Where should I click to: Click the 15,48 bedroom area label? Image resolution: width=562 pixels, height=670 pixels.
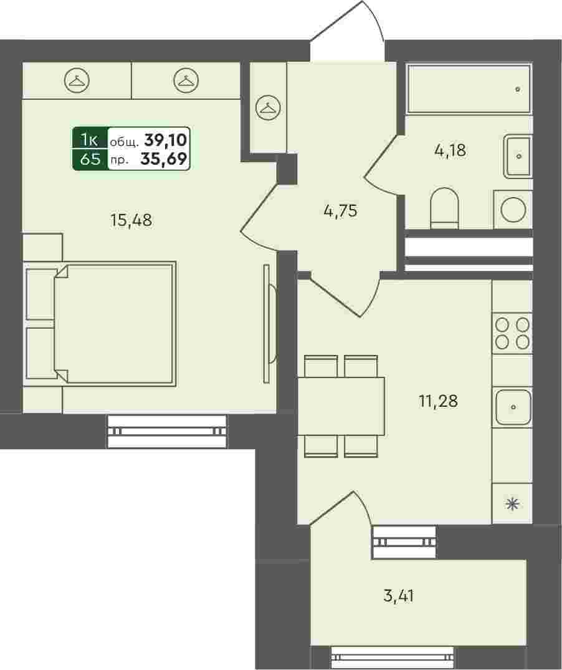(x=131, y=220)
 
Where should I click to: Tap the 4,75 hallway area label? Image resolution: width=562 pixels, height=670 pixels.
(x=341, y=211)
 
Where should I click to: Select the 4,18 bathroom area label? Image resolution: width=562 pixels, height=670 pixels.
(x=450, y=150)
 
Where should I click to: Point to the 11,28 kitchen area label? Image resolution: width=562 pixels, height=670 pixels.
(x=438, y=401)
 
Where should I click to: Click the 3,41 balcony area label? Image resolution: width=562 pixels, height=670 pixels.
(x=399, y=595)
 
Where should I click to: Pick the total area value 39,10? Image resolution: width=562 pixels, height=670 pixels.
(x=166, y=139)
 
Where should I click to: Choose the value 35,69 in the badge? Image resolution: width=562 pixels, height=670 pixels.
(x=164, y=159)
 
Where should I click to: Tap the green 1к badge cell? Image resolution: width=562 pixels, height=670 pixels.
(x=90, y=138)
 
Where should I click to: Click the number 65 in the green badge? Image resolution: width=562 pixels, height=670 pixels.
(x=90, y=159)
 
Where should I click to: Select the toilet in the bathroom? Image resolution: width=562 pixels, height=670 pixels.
(x=445, y=208)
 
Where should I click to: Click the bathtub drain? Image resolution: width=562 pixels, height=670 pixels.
(x=518, y=89)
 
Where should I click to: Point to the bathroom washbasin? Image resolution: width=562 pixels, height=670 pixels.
(x=518, y=157)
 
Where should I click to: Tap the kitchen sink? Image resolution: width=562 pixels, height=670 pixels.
(x=513, y=407)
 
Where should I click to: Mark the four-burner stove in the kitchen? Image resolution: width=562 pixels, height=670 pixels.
(x=513, y=333)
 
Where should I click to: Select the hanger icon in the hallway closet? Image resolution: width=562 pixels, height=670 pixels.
(x=268, y=107)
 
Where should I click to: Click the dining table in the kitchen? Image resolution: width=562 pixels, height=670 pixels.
(x=341, y=406)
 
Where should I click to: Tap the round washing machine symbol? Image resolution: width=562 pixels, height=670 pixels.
(x=513, y=210)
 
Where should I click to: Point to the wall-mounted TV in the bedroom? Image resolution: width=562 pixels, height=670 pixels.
(x=269, y=324)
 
